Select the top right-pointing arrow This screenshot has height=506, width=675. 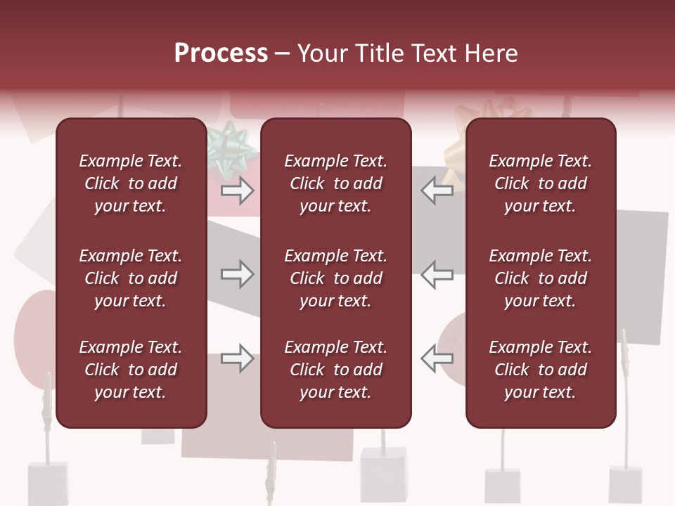tap(237, 190)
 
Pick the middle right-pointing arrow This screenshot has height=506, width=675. tap(237, 274)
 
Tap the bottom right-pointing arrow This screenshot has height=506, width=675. tap(237, 358)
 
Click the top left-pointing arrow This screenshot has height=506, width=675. tap(437, 190)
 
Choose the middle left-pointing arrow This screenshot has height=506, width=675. tap(437, 274)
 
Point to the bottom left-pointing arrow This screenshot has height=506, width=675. tap(437, 358)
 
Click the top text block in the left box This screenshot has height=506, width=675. tap(131, 183)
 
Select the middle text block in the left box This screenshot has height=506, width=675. tap(131, 278)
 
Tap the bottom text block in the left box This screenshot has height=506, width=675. tap(131, 370)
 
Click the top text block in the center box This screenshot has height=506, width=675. tap(336, 183)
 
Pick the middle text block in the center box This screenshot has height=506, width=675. tap(336, 278)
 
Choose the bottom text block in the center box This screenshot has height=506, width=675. tap(336, 370)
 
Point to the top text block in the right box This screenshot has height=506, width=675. tap(541, 183)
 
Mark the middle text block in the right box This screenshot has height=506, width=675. tap(541, 278)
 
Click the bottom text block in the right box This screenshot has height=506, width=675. tap(541, 370)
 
